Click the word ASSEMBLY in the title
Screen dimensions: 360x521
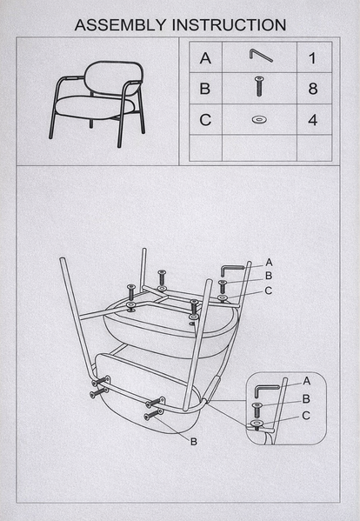120,25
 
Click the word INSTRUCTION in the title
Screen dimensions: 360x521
229,25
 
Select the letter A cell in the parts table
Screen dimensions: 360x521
205,57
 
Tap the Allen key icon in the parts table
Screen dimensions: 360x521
261,55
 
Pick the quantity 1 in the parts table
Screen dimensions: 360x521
312,58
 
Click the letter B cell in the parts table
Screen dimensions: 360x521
205,89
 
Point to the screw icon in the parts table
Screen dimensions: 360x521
259,86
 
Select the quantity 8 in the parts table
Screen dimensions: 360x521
313,89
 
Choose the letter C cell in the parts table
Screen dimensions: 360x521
205,120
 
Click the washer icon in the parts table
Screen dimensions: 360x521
259,120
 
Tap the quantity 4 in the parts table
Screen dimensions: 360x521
313,120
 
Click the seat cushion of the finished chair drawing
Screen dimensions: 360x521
95,107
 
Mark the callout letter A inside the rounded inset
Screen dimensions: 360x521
307,381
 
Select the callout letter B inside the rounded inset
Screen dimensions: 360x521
306,398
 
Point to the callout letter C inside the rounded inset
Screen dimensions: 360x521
306,416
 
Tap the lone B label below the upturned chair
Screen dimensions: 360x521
194,442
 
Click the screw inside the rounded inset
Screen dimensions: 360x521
257,410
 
